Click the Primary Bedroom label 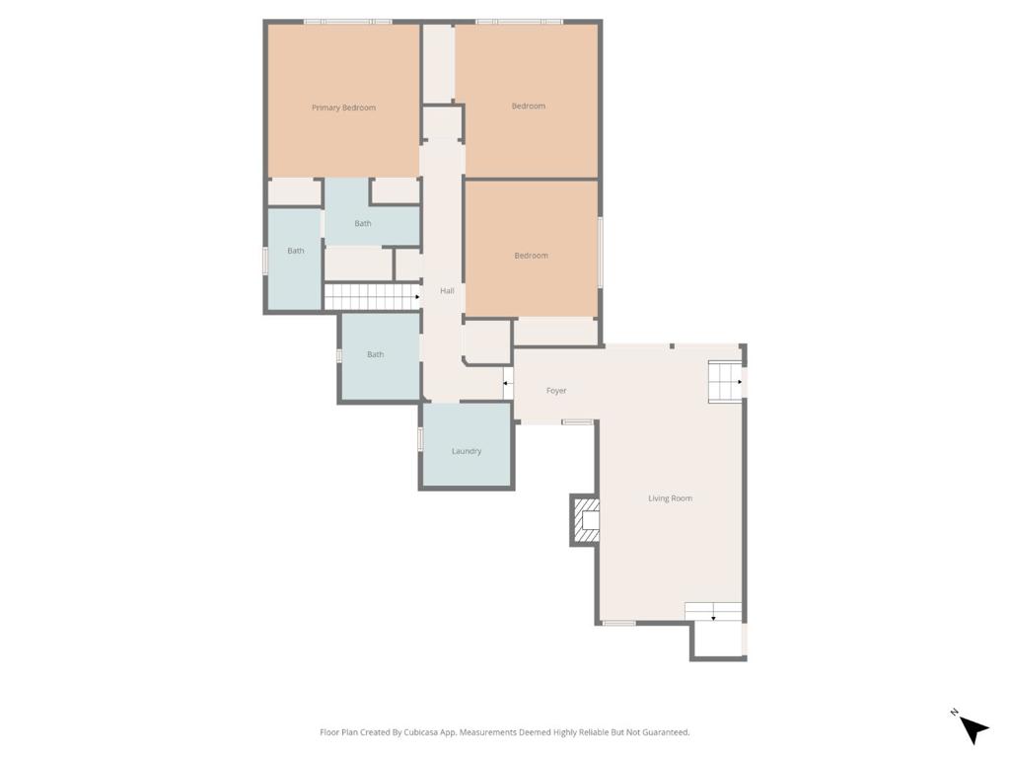click(x=343, y=108)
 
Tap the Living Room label click(x=670, y=498)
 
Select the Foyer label click(x=556, y=391)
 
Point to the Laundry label click(x=467, y=451)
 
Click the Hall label click(x=447, y=291)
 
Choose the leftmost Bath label click(x=295, y=251)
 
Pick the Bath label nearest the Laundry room click(x=375, y=354)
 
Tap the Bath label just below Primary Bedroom click(x=363, y=224)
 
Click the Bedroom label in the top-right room click(x=528, y=106)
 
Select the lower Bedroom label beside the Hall click(x=531, y=256)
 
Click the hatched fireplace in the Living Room click(x=585, y=520)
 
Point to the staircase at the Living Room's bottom click(x=713, y=612)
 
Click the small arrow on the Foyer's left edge click(x=507, y=383)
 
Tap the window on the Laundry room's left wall click(x=420, y=439)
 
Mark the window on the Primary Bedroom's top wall click(x=347, y=21)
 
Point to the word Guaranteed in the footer click(x=664, y=732)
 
